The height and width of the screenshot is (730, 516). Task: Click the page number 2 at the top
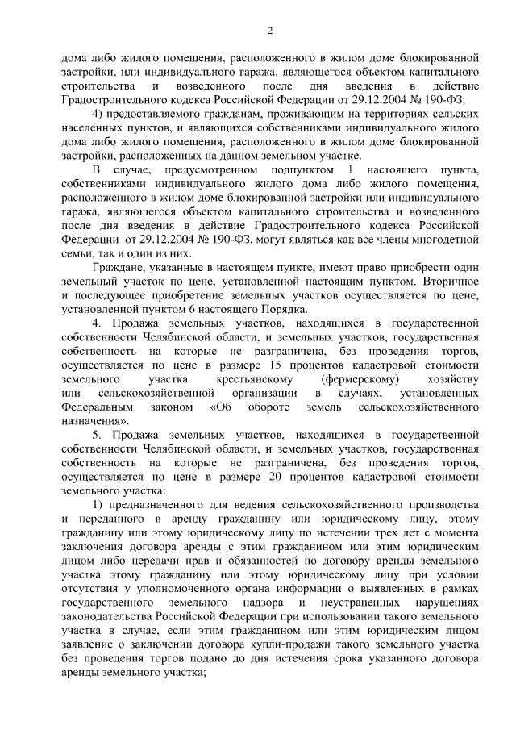tap(271, 31)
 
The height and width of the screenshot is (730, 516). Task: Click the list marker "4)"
tap(100, 114)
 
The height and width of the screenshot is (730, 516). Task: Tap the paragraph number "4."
tap(97, 324)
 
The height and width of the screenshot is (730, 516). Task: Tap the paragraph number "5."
tap(97, 436)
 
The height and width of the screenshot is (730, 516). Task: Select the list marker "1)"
tap(98, 507)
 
